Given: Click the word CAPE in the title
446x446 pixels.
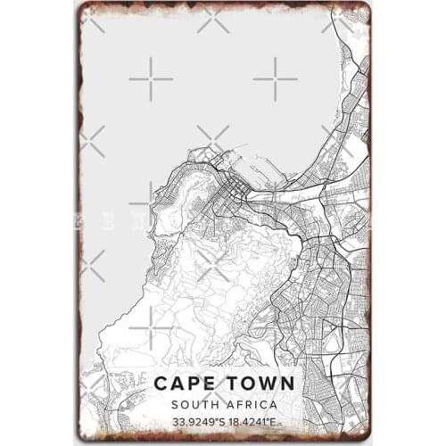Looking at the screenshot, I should (188, 384).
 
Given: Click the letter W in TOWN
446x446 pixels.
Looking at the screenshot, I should (265, 384).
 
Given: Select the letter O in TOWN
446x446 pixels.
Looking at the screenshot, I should (244, 384).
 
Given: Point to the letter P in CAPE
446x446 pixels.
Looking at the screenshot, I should (196, 384).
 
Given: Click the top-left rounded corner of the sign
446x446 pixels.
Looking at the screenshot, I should (83, 8).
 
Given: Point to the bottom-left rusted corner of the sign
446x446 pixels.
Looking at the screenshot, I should (83, 438).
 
